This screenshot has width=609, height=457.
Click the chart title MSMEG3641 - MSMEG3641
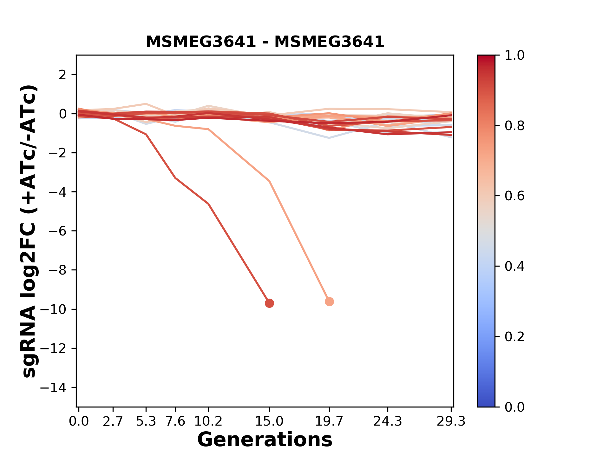click(x=265, y=42)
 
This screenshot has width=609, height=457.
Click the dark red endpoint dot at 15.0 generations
click(x=269, y=303)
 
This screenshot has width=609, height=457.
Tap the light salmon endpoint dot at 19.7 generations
click(x=329, y=302)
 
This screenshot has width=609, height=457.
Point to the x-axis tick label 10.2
click(x=208, y=421)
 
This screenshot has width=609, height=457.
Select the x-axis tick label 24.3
click(x=387, y=421)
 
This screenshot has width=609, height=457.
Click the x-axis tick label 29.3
click(x=451, y=421)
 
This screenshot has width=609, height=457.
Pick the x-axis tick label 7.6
click(x=175, y=421)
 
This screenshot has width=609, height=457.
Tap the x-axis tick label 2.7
click(x=113, y=421)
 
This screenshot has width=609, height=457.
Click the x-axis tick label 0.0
click(x=79, y=421)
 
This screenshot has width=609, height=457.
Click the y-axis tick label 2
click(x=63, y=75)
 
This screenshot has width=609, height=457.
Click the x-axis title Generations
click(x=265, y=440)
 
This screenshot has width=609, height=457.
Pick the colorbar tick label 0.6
click(x=514, y=196)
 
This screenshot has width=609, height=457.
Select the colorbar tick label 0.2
click(x=514, y=337)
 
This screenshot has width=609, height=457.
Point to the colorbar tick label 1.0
click(x=514, y=56)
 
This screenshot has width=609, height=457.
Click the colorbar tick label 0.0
click(x=514, y=407)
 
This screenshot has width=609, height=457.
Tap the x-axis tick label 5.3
click(x=146, y=421)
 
